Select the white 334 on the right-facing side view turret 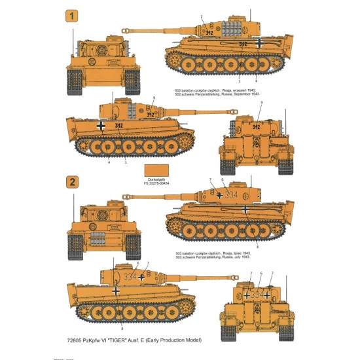point(232,195)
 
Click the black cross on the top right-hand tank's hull point(261,44)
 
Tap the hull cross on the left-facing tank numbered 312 point(100,124)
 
